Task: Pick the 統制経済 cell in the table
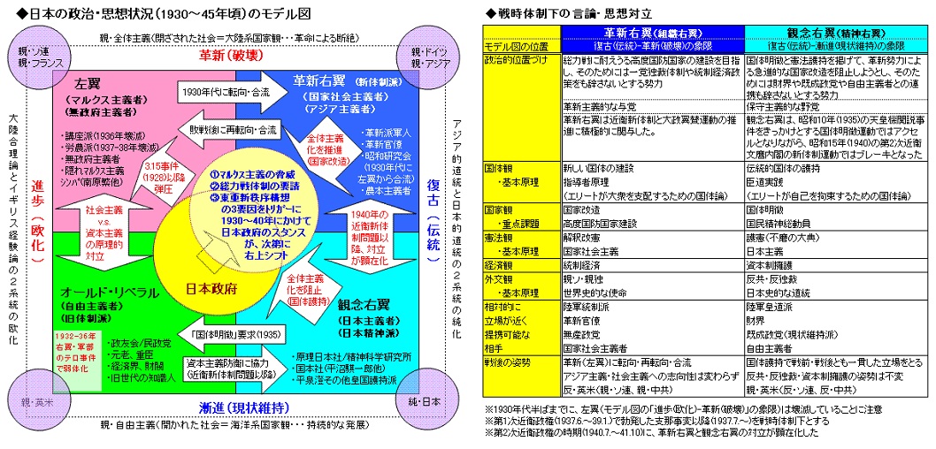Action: (584, 263)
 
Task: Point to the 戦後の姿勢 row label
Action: (507, 362)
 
